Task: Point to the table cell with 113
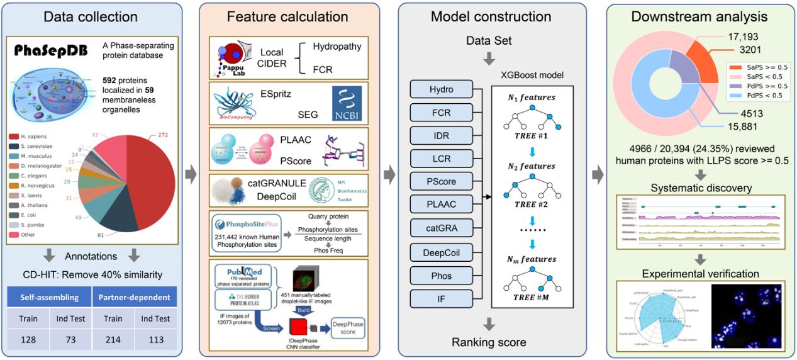coord(154,340)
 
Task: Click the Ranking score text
coord(488,342)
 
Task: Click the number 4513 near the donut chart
coord(738,113)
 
